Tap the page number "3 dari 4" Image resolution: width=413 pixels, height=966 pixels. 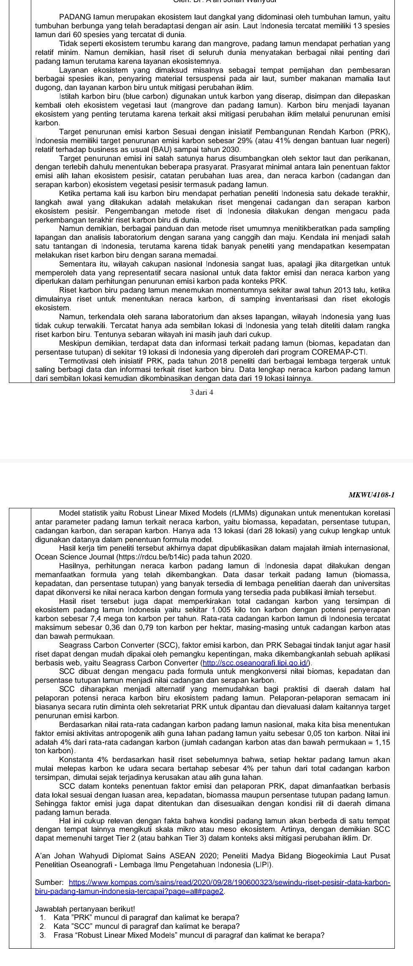[202, 392]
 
